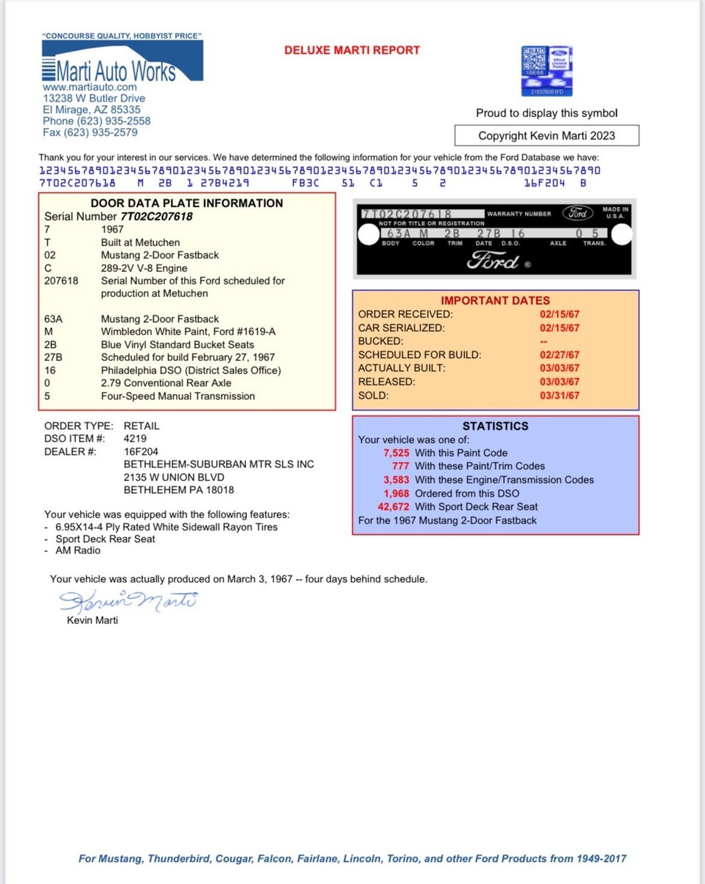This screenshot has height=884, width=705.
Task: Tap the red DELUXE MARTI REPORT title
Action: [x=352, y=50]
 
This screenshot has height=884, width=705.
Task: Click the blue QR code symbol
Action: [x=546, y=71]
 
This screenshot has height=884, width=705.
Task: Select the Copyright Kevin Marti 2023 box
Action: [x=546, y=136]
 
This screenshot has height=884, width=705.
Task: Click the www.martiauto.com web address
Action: [x=90, y=87]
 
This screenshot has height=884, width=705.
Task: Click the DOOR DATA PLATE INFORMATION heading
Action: [x=186, y=203]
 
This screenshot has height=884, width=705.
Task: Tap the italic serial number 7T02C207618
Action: [x=156, y=217]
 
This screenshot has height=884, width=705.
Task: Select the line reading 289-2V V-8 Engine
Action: [x=144, y=268]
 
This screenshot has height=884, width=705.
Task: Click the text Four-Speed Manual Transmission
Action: [x=178, y=396]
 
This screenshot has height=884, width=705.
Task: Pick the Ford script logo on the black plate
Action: [x=493, y=262]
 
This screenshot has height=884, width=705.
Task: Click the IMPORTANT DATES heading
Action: [x=495, y=301]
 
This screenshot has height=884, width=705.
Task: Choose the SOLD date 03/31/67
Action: [x=559, y=396]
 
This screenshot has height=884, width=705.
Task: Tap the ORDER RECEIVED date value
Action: [x=559, y=315]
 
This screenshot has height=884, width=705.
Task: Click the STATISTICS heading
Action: [x=495, y=426]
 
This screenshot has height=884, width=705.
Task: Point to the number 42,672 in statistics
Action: [x=393, y=507]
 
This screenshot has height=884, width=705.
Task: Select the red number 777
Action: [x=400, y=466]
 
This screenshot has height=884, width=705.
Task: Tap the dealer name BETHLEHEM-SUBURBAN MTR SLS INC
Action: [x=218, y=464]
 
